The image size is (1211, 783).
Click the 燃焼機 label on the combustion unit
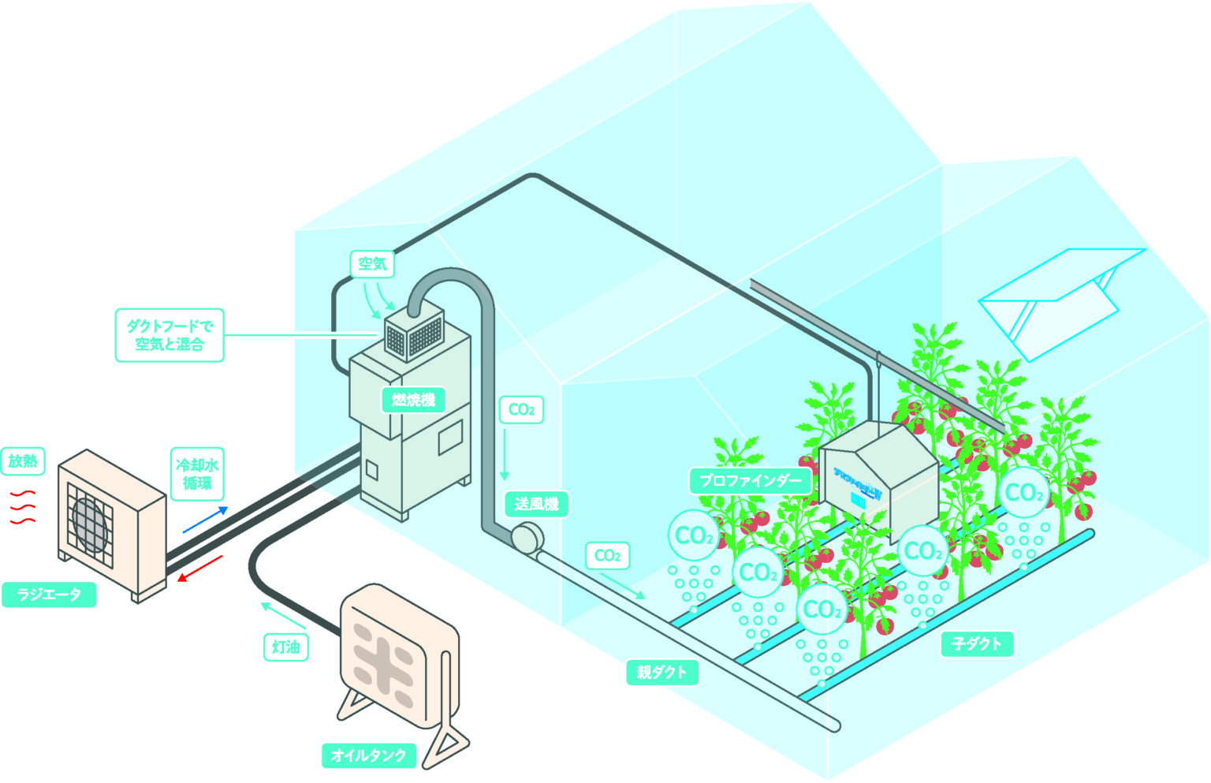coord(413,400)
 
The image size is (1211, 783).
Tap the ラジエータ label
coord(49,595)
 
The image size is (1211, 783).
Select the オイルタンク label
coord(368,755)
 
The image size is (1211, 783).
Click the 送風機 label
coord(536,504)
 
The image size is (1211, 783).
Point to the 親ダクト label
coord(662,673)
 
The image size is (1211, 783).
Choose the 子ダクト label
coord(976,644)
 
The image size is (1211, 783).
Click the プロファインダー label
coord(750,480)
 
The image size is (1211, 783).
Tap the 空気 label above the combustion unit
coord(372,263)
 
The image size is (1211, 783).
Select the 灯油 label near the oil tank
coord(285,647)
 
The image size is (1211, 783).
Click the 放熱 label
coord(23,460)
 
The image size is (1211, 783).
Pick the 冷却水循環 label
coord(197,474)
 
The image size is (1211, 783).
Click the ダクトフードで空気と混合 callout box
coord(170,335)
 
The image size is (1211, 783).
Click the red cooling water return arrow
coord(199,569)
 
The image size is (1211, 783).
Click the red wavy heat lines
coord(23,506)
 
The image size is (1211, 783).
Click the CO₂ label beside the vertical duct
coord(521,410)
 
